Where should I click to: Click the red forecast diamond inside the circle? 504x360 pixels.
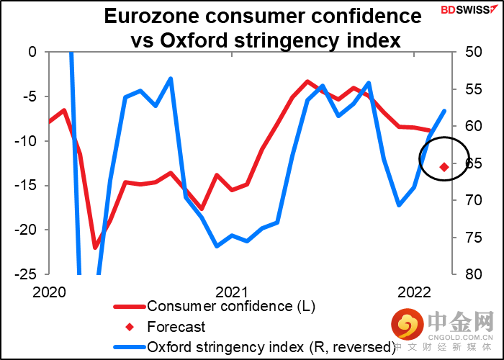(444, 167)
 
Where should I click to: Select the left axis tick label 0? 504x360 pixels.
(32, 52)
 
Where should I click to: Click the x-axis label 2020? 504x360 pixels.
(49, 292)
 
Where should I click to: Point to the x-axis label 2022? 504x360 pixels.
(414, 292)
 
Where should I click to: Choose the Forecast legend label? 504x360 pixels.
(176, 327)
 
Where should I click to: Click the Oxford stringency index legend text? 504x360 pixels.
(271, 346)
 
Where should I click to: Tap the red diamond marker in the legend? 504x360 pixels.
(129, 327)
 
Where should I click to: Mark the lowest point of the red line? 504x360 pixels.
(95, 247)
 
